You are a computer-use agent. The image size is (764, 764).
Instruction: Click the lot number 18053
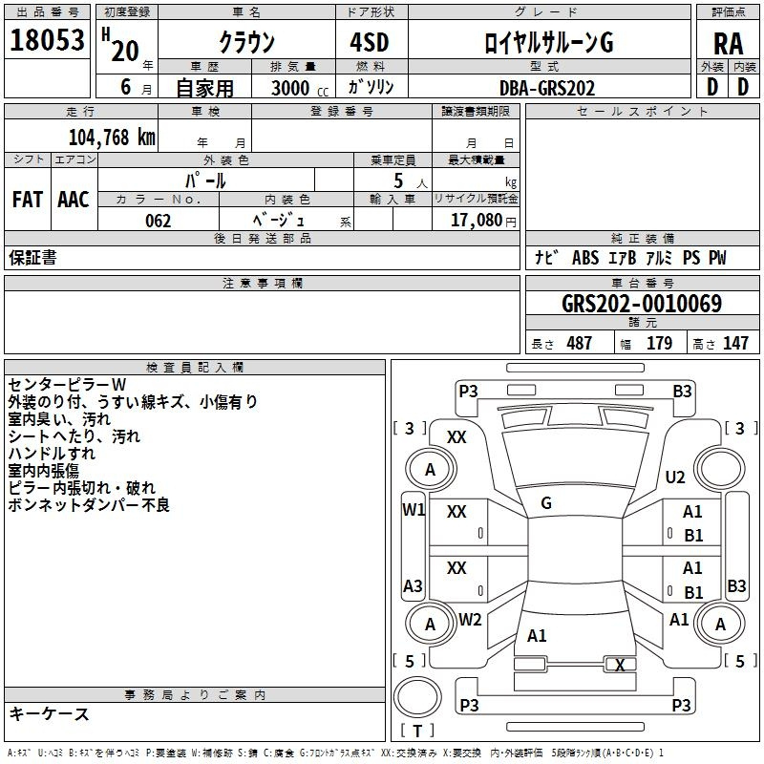click(47, 41)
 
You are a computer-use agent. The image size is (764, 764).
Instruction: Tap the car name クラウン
click(246, 42)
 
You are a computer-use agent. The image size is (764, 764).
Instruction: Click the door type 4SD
click(370, 42)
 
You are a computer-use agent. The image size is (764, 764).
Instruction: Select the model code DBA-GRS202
click(547, 88)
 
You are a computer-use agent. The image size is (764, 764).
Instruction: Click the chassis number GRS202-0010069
click(642, 305)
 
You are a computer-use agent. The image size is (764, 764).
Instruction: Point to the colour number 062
click(159, 221)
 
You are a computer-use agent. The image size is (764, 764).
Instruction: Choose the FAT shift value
click(27, 200)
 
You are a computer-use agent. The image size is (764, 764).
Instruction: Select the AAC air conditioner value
click(74, 200)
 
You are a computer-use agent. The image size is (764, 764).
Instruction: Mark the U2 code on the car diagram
click(675, 477)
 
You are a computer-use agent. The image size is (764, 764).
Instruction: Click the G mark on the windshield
click(546, 503)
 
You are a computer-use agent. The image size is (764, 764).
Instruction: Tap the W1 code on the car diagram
click(413, 510)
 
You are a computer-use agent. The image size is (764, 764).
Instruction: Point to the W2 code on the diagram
click(470, 620)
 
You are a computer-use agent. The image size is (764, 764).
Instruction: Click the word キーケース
click(49, 714)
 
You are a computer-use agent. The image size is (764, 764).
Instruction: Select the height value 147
click(735, 344)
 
